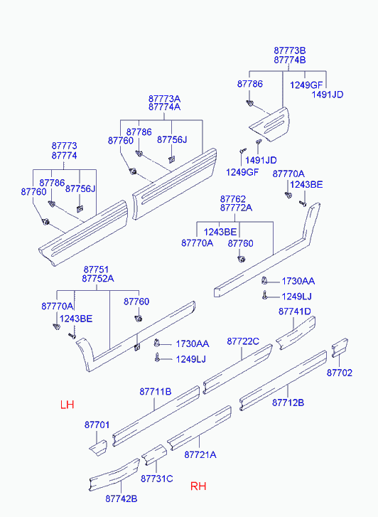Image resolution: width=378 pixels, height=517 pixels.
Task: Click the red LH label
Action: pos(67,405)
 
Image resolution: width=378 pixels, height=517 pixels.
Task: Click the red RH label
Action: pos(198,486)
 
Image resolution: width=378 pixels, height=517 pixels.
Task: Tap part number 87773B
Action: pos(290,50)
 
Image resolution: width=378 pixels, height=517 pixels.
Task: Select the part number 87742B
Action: pos(121,499)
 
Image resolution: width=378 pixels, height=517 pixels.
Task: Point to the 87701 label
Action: pos(97,425)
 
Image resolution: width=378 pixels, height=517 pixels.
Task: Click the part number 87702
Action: pos(340,373)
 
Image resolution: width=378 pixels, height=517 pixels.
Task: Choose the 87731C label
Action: pos(157,479)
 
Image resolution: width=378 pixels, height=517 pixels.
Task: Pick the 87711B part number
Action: pos(156,392)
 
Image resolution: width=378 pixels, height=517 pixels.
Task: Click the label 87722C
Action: pos(243,341)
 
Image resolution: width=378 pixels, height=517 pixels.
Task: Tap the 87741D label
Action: pos(295,311)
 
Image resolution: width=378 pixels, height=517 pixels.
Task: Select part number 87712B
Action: pos(288,403)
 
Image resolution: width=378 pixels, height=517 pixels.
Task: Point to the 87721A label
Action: pos(200,454)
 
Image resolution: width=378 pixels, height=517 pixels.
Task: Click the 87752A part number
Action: pos(98,279)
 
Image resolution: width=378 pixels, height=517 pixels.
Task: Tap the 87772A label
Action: pos(237,208)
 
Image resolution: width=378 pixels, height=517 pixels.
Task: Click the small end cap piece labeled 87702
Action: pos(340,347)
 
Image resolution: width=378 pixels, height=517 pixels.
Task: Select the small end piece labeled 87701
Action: pos(99,448)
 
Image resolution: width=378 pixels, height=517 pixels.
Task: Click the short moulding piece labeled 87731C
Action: pos(154,454)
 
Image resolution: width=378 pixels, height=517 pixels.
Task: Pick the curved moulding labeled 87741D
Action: pos(296,333)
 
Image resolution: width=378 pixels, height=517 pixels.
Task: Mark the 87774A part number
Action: pos(164,107)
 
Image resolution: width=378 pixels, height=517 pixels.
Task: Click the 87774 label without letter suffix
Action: pos(64,155)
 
